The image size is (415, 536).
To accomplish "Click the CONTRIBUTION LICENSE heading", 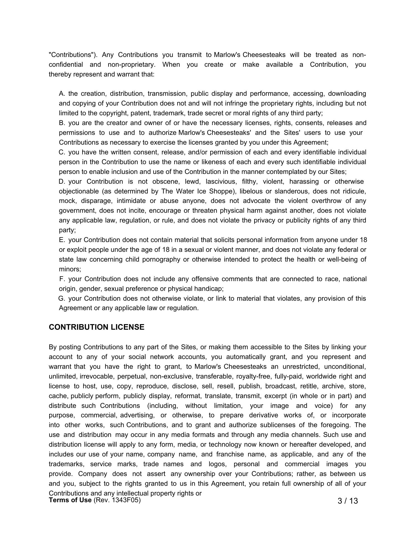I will pyautogui.click(x=96, y=327).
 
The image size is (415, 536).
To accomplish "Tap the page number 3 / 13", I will pyautogui.click(x=348, y=501).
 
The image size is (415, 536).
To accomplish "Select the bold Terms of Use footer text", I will pyautogui.click(x=70, y=500).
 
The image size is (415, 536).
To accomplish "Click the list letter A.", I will pyautogui.click(x=62, y=94).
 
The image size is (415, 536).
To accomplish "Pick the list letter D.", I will pyautogui.click(x=62, y=181).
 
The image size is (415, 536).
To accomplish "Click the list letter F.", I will pyautogui.click(x=62, y=279).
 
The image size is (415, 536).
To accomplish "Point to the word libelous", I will pyautogui.click(x=251, y=191).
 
